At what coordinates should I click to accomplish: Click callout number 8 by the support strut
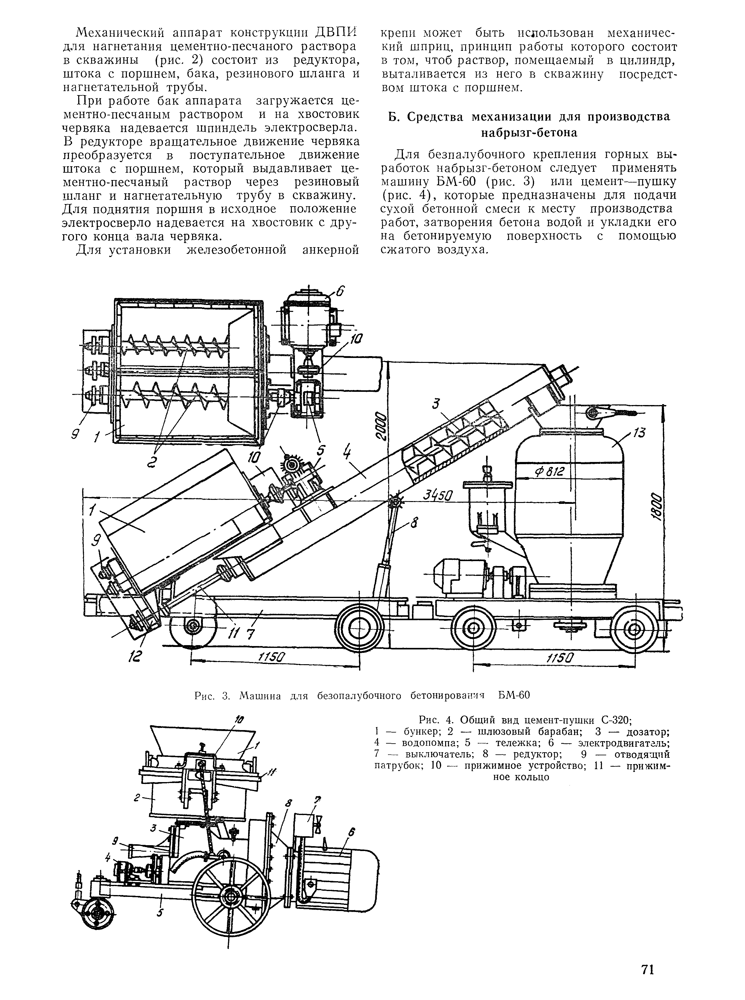[414, 524]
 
